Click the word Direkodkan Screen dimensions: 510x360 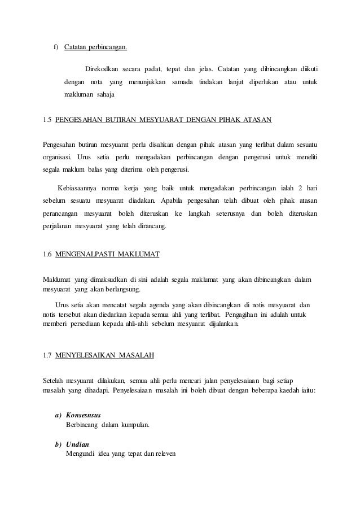[x=102, y=69]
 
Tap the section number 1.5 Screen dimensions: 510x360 [x=49, y=120]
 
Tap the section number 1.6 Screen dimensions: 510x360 [x=49, y=255]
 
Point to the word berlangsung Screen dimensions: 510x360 [x=119, y=290]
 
